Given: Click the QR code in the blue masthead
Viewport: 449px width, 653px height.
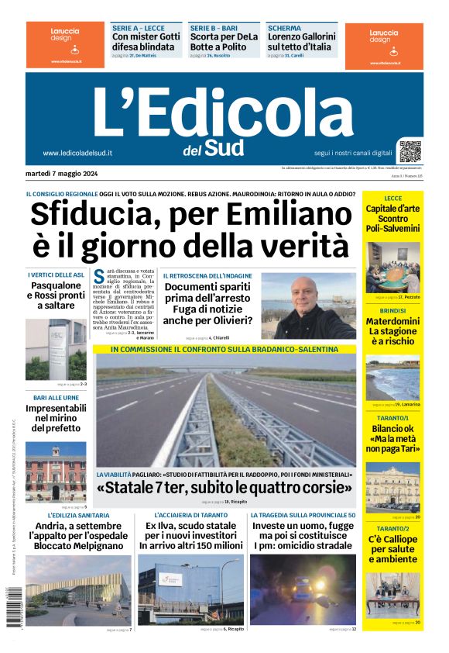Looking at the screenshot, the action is click(410, 150).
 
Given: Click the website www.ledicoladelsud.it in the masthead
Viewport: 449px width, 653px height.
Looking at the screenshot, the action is click(77, 153).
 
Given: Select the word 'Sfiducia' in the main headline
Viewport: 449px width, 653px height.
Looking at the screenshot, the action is click(99, 215).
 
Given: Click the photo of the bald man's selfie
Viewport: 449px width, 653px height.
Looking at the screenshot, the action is click(308, 305).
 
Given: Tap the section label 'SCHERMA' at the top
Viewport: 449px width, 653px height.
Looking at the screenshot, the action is click(284, 28).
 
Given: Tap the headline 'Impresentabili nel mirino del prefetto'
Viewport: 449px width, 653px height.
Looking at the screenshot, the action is click(56, 417).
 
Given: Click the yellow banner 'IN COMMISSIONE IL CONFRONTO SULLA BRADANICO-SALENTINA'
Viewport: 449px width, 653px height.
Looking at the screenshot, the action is click(224, 349).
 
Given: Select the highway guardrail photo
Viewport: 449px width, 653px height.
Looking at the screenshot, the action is click(224, 411).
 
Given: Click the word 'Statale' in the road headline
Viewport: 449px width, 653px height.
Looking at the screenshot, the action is click(135, 489).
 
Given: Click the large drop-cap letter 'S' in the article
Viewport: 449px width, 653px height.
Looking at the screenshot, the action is click(99, 277).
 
